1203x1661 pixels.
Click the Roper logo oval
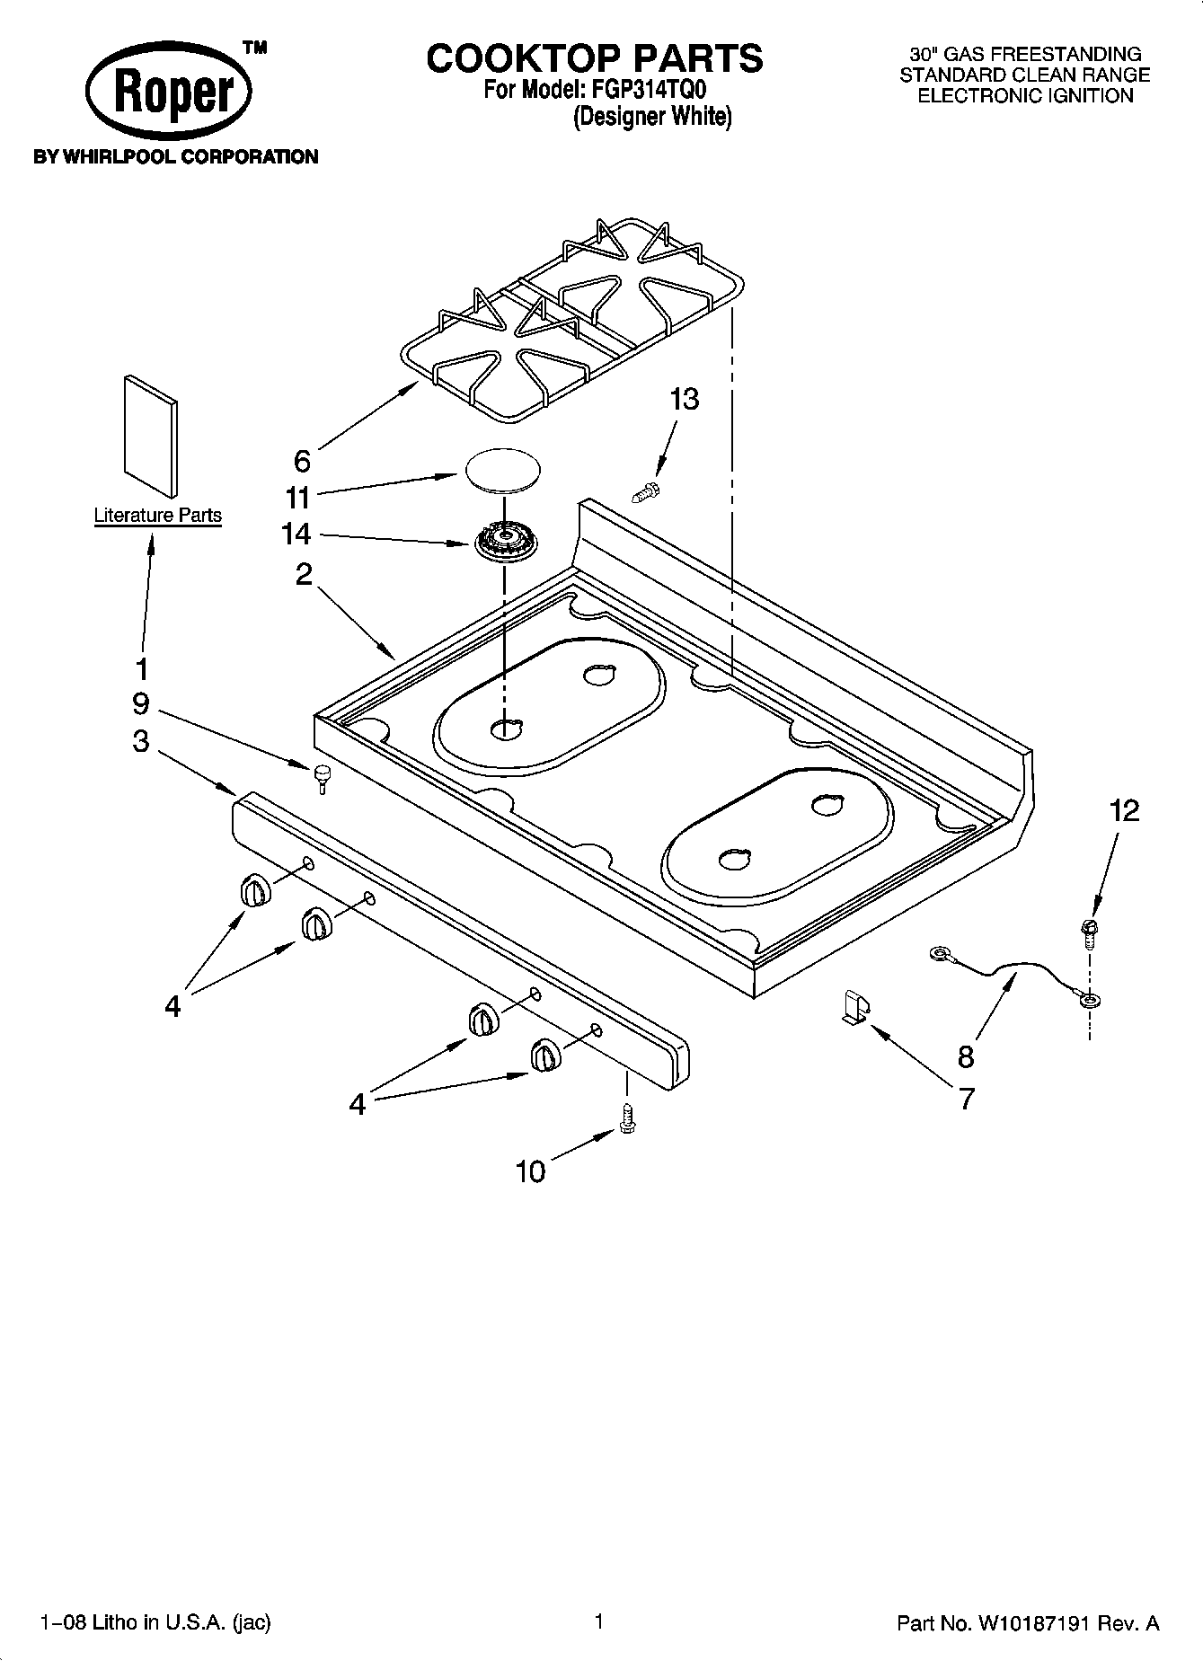(x=170, y=93)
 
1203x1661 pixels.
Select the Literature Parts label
(x=158, y=516)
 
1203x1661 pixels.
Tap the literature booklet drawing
(x=149, y=435)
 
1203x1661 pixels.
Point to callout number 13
(x=684, y=399)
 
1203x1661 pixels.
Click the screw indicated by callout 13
(x=646, y=490)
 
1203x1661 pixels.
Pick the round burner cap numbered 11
(x=504, y=471)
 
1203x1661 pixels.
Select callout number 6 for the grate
(x=302, y=461)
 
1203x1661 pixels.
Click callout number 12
(x=1124, y=810)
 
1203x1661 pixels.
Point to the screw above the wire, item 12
(x=1089, y=932)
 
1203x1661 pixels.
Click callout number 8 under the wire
(x=966, y=1056)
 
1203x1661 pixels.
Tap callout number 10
(x=530, y=1171)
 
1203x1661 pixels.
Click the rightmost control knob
(x=544, y=1053)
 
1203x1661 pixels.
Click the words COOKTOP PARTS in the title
(x=595, y=58)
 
